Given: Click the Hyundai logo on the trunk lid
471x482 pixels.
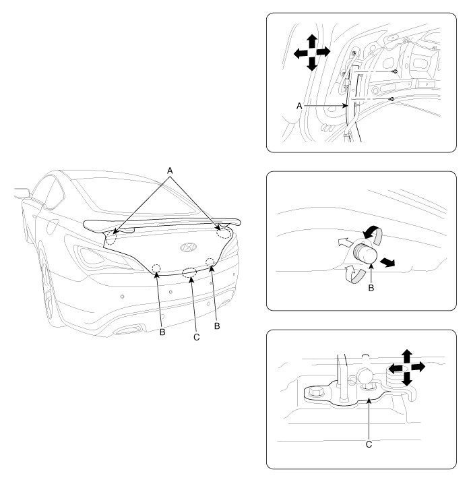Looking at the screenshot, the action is point(187,248).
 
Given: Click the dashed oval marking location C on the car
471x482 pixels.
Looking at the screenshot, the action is point(191,273).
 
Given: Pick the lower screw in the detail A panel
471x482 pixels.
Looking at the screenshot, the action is point(391,98).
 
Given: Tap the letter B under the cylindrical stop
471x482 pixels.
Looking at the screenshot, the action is point(370,286).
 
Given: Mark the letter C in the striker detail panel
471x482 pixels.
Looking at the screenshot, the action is point(370,445).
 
